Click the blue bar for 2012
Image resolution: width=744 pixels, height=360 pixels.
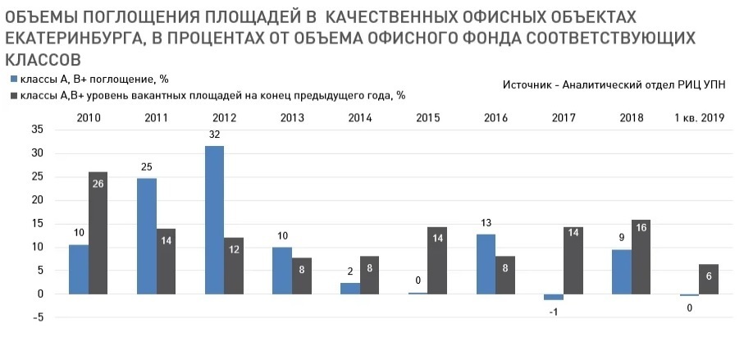(x=214, y=220)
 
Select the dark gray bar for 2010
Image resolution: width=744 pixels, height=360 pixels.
(x=98, y=233)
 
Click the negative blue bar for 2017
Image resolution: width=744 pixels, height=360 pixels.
(x=554, y=297)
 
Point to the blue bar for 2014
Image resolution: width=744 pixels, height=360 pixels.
(x=349, y=288)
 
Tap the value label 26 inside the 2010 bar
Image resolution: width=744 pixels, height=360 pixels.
(x=98, y=184)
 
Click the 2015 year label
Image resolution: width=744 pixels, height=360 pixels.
(x=427, y=118)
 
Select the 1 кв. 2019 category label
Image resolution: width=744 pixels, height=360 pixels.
(x=699, y=118)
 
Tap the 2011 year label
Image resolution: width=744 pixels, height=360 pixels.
(x=155, y=118)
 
